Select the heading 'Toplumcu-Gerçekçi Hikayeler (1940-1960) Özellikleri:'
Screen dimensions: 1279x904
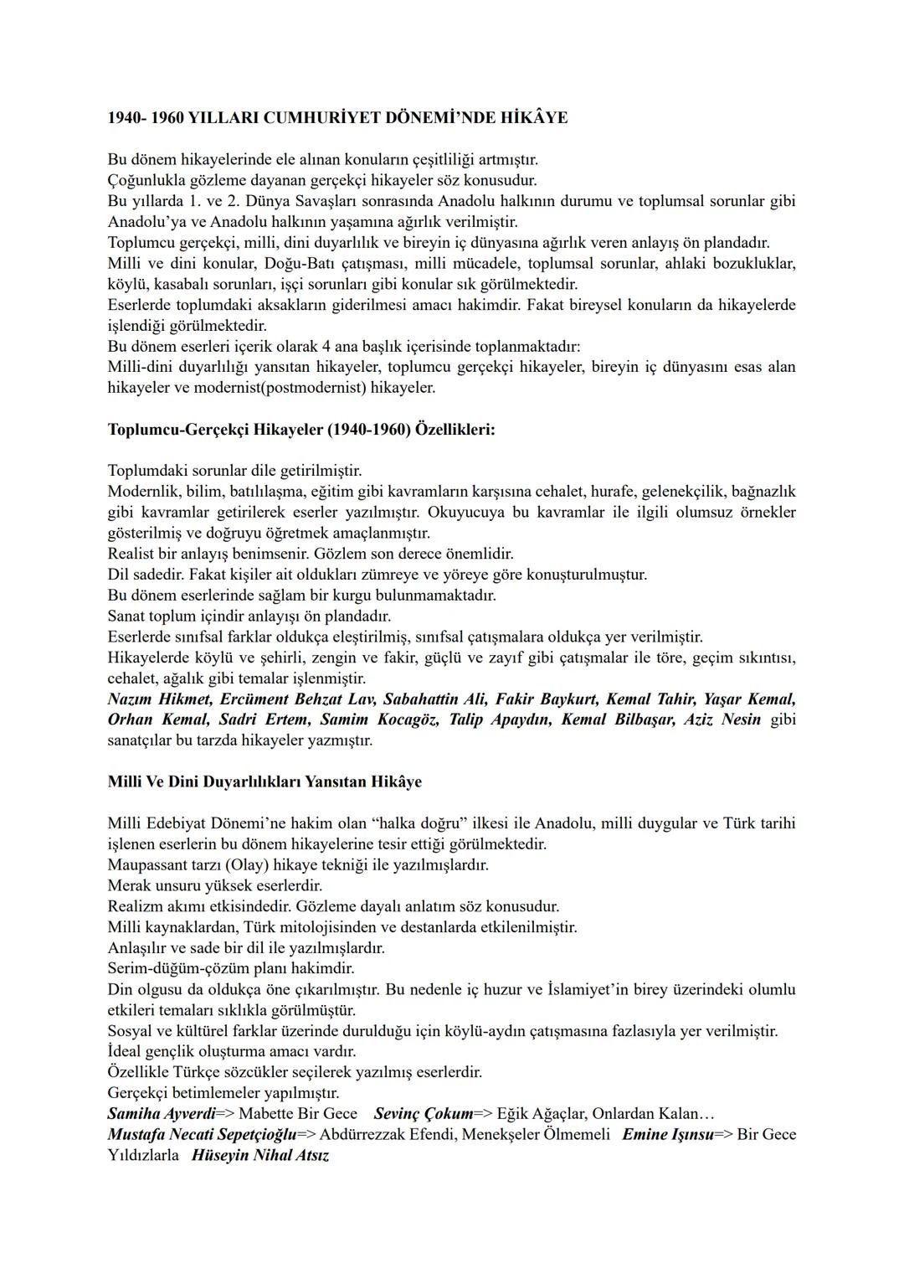[301, 430]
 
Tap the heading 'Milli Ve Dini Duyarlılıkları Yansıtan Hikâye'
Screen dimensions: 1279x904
[265, 781]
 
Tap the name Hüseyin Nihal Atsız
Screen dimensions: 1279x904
[260, 1156]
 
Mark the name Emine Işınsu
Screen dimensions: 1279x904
[667, 1135]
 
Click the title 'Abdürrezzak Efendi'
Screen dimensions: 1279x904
[382, 1135]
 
